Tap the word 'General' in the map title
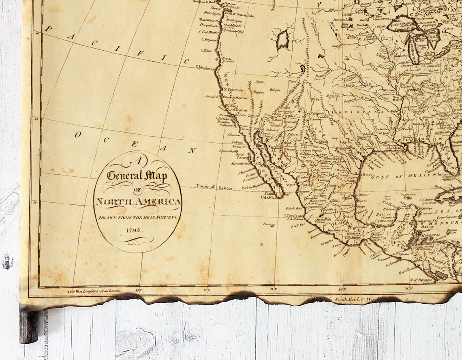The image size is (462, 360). (x=125, y=176)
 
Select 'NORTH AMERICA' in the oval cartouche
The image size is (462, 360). (x=138, y=201)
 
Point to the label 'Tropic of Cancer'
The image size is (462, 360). (x=212, y=186)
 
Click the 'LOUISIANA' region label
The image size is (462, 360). (x=357, y=111)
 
